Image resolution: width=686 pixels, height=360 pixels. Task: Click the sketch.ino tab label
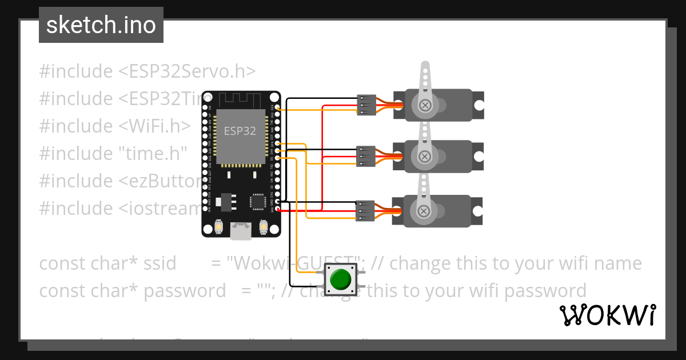coord(101,25)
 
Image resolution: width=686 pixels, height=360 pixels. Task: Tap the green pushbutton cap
coord(341,279)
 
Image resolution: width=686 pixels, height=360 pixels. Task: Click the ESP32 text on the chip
coord(240,131)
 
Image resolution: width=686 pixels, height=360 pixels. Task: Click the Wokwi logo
coord(607,315)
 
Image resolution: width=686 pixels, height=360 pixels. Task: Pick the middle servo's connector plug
coord(365,156)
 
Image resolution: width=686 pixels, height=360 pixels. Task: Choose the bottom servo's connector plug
coord(365,210)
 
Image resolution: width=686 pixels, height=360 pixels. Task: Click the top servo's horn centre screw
coord(425,105)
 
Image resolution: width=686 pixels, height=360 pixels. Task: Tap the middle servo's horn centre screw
coord(424,156)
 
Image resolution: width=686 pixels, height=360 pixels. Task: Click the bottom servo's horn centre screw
coord(424,211)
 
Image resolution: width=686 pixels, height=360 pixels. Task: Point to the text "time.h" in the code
coord(153,153)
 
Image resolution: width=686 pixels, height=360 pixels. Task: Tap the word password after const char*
coord(185,291)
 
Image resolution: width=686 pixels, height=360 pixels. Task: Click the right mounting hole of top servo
coord(479,105)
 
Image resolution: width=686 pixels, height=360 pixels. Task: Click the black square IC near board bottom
coord(257,201)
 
